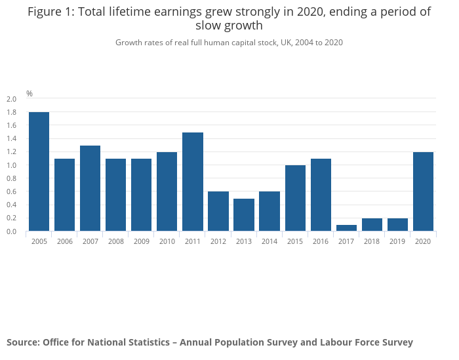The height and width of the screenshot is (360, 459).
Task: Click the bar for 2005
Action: click(x=39, y=172)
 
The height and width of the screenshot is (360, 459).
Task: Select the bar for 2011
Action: click(x=193, y=182)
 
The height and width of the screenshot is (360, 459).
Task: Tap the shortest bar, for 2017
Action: click(x=346, y=228)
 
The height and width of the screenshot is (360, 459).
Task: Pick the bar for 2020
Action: click(x=423, y=191)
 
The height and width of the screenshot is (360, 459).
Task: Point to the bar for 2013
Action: click(x=244, y=215)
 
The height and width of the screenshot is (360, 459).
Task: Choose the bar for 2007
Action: click(x=90, y=188)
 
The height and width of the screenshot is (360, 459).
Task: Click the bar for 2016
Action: click(x=321, y=195)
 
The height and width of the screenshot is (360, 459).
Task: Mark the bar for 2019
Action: click(x=397, y=225)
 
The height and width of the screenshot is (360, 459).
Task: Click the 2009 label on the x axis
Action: click(x=142, y=241)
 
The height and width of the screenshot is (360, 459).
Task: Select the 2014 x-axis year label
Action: click(x=269, y=241)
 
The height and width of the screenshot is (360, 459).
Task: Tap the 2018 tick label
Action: click(x=372, y=241)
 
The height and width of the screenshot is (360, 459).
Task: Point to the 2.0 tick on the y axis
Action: click(x=11, y=99)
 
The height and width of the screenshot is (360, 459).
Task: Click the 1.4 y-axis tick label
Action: click(x=11, y=138)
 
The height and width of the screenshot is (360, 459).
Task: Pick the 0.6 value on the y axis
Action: click(x=11, y=191)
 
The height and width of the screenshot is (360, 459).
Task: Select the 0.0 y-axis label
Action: click(x=11, y=231)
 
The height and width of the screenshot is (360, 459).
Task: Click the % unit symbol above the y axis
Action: click(x=30, y=94)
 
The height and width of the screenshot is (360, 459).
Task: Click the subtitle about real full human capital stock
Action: click(x=229, y=43)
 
